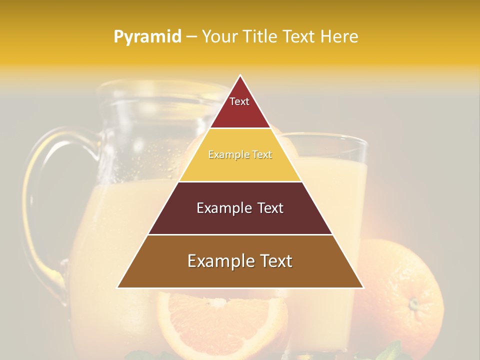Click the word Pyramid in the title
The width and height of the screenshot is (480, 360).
click(x=147, y=37)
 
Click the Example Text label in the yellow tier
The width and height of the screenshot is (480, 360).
click(x=240, y=155)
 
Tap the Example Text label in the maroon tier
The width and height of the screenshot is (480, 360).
click(x=240, y=208)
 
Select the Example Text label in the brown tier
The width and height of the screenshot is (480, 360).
click(x=240, y=261)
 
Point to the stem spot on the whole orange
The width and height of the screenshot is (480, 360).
click(x=413, y=303)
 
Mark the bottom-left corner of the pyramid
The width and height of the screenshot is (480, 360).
click(x=117, y=288)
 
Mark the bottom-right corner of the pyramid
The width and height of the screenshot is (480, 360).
click(x=363, y=288)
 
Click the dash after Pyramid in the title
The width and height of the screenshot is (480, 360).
click(x=191, y=37)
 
